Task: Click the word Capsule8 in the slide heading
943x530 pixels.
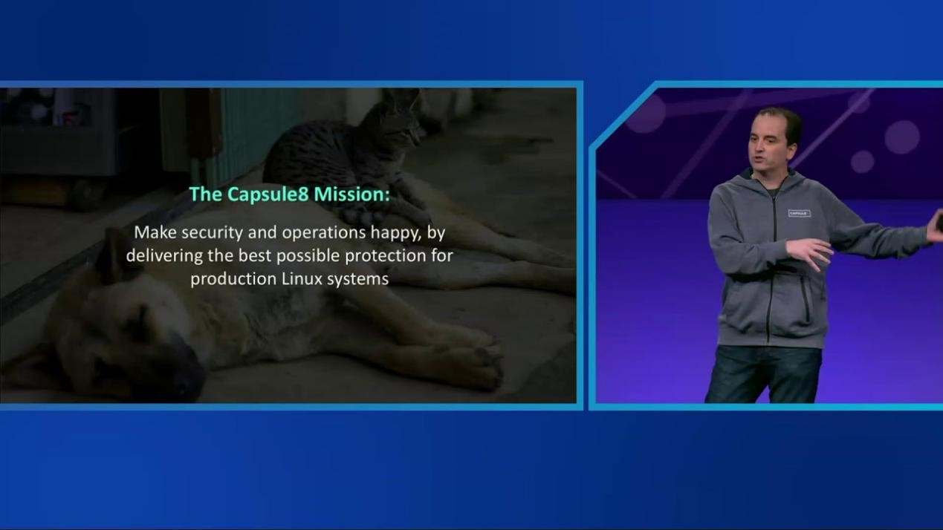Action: [x=268, y=194]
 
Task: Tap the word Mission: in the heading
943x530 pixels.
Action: [x=352, y=194]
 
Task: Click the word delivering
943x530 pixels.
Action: [x=164, y=256]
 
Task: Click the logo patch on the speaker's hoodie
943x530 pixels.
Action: [x=800, y=213]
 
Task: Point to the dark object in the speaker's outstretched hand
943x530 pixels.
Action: [x=939, y=222]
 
